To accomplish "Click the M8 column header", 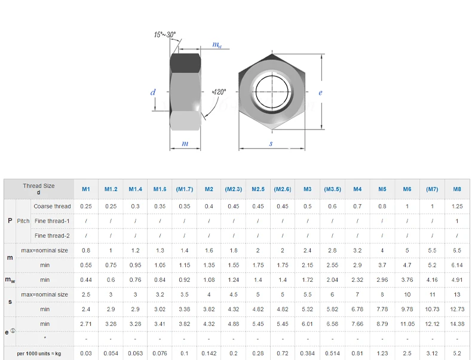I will (x=456, y=189).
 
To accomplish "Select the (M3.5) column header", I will (x=332, y=189).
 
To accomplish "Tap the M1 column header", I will (x=86, y=189).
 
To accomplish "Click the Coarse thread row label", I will (x=52, y=207).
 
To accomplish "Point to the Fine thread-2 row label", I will (x=52, y=236).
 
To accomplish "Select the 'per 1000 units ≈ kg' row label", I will (x=39, y=353).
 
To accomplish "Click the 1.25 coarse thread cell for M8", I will (x=456, y=207).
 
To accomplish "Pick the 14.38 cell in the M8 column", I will (x=456, y=324).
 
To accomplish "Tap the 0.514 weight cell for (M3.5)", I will (x=332, y=353).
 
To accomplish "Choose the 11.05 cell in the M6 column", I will (x=407, y=324).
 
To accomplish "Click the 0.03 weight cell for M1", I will (x=86, y=353).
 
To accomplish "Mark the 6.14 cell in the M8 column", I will (x=456, y=265).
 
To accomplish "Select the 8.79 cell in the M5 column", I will (x=382, y=324).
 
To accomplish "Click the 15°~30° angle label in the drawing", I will (x=165, y=35).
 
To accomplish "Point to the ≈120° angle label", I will (x=219, y=92).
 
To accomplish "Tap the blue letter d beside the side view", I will (x=153, y=93).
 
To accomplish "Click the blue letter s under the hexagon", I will (x=271, y=144).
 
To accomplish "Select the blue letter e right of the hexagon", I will (x=320, y=93).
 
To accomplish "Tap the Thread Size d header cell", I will (x=38, y=189).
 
